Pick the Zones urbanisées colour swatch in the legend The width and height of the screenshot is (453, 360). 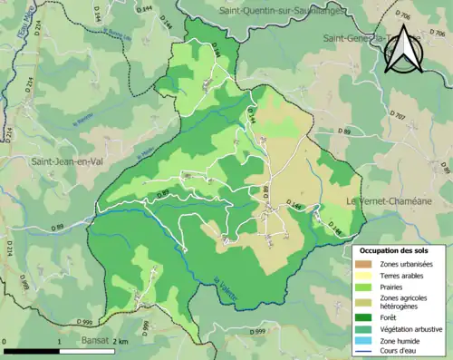tap(365, 263)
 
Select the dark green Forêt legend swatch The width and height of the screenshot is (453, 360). tap(365, 316)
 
